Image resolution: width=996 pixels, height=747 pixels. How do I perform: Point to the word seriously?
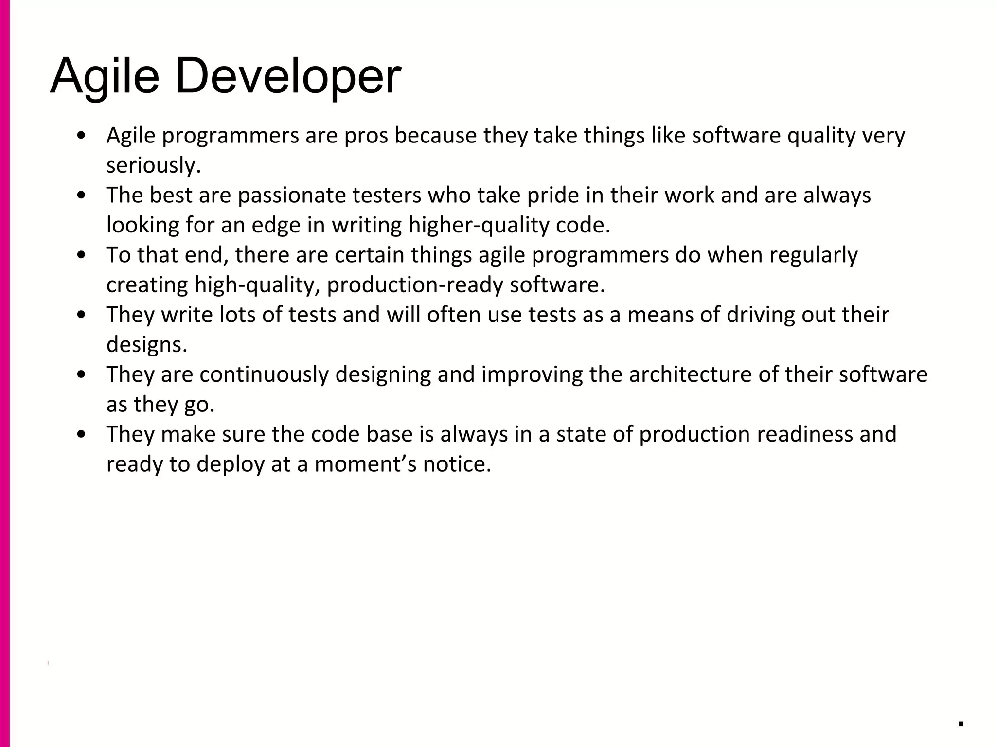[154, 166]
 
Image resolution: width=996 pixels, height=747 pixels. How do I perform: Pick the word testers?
[387, 196]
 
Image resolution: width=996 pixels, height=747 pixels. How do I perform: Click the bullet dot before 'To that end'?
[82, 255]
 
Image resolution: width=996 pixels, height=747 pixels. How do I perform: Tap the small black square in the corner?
[960, 724]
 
